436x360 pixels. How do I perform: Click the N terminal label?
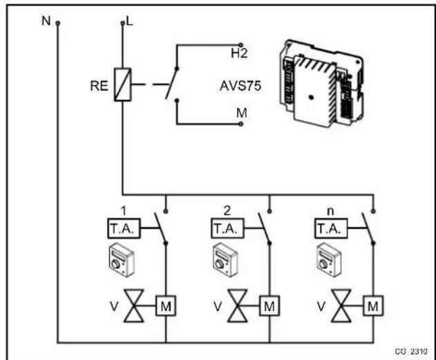click(46, 20)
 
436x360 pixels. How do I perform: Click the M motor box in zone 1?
click(166, 303)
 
